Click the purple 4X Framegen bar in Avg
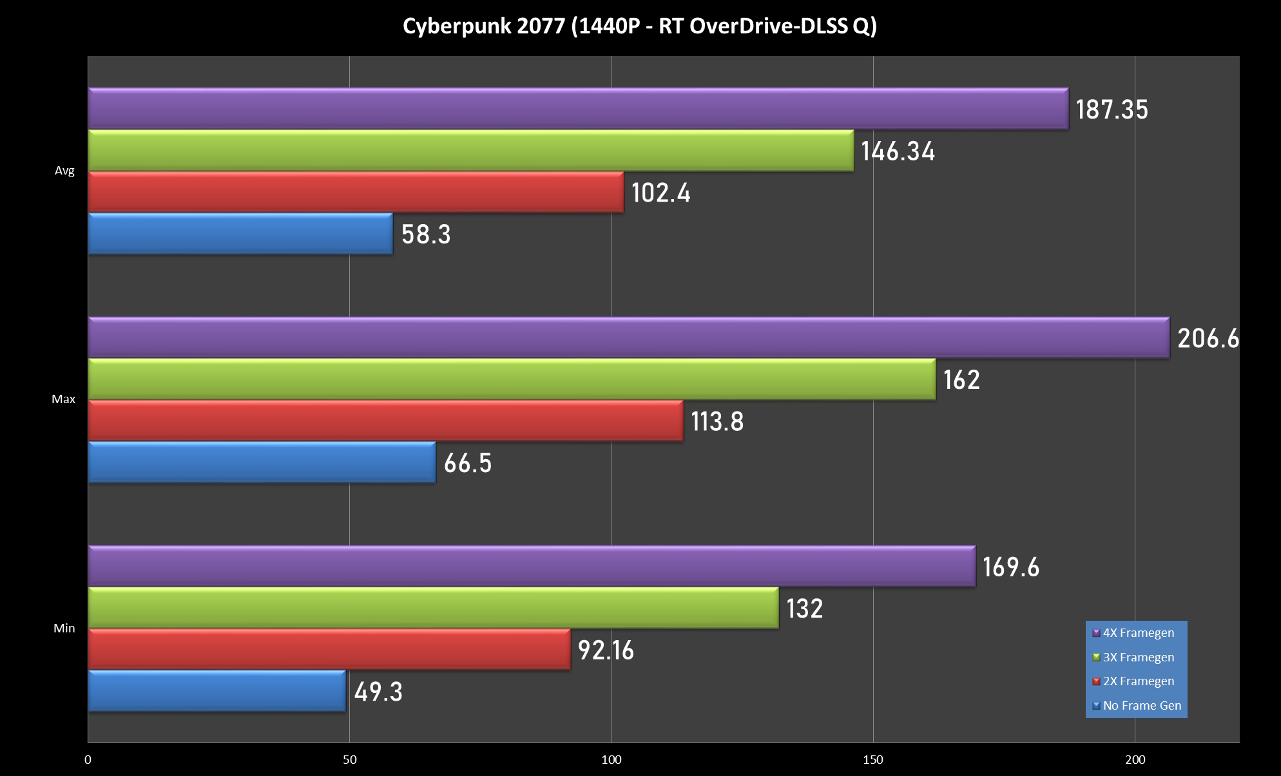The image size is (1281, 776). click(578, 108)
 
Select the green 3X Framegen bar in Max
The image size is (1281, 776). click(512, 379)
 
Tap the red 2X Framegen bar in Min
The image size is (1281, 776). click(329, 649)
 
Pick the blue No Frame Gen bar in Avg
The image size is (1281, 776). click(240, 234)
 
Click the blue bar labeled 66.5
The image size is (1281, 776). click(262, 462)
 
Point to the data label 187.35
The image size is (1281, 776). click(1112, 109)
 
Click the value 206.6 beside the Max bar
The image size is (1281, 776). click(1208, 339)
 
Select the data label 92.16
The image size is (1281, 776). click(606, 650)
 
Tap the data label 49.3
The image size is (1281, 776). click(378, 692)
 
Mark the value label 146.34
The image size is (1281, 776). click(898, 151)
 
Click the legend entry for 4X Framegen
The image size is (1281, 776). click(1138, 633)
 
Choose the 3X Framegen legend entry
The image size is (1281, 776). click(1138, 658)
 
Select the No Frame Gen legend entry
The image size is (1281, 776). click(1142, 706)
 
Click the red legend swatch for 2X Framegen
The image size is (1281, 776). click(1096, 681)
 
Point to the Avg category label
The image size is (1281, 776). click(64, 171)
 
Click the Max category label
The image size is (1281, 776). click(63, 399)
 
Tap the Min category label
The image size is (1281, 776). click(64, 629)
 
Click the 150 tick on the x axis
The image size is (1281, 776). click(873, 760)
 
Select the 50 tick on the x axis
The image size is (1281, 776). click(349, 760)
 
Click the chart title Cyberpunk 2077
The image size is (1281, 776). click(639, 26)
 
